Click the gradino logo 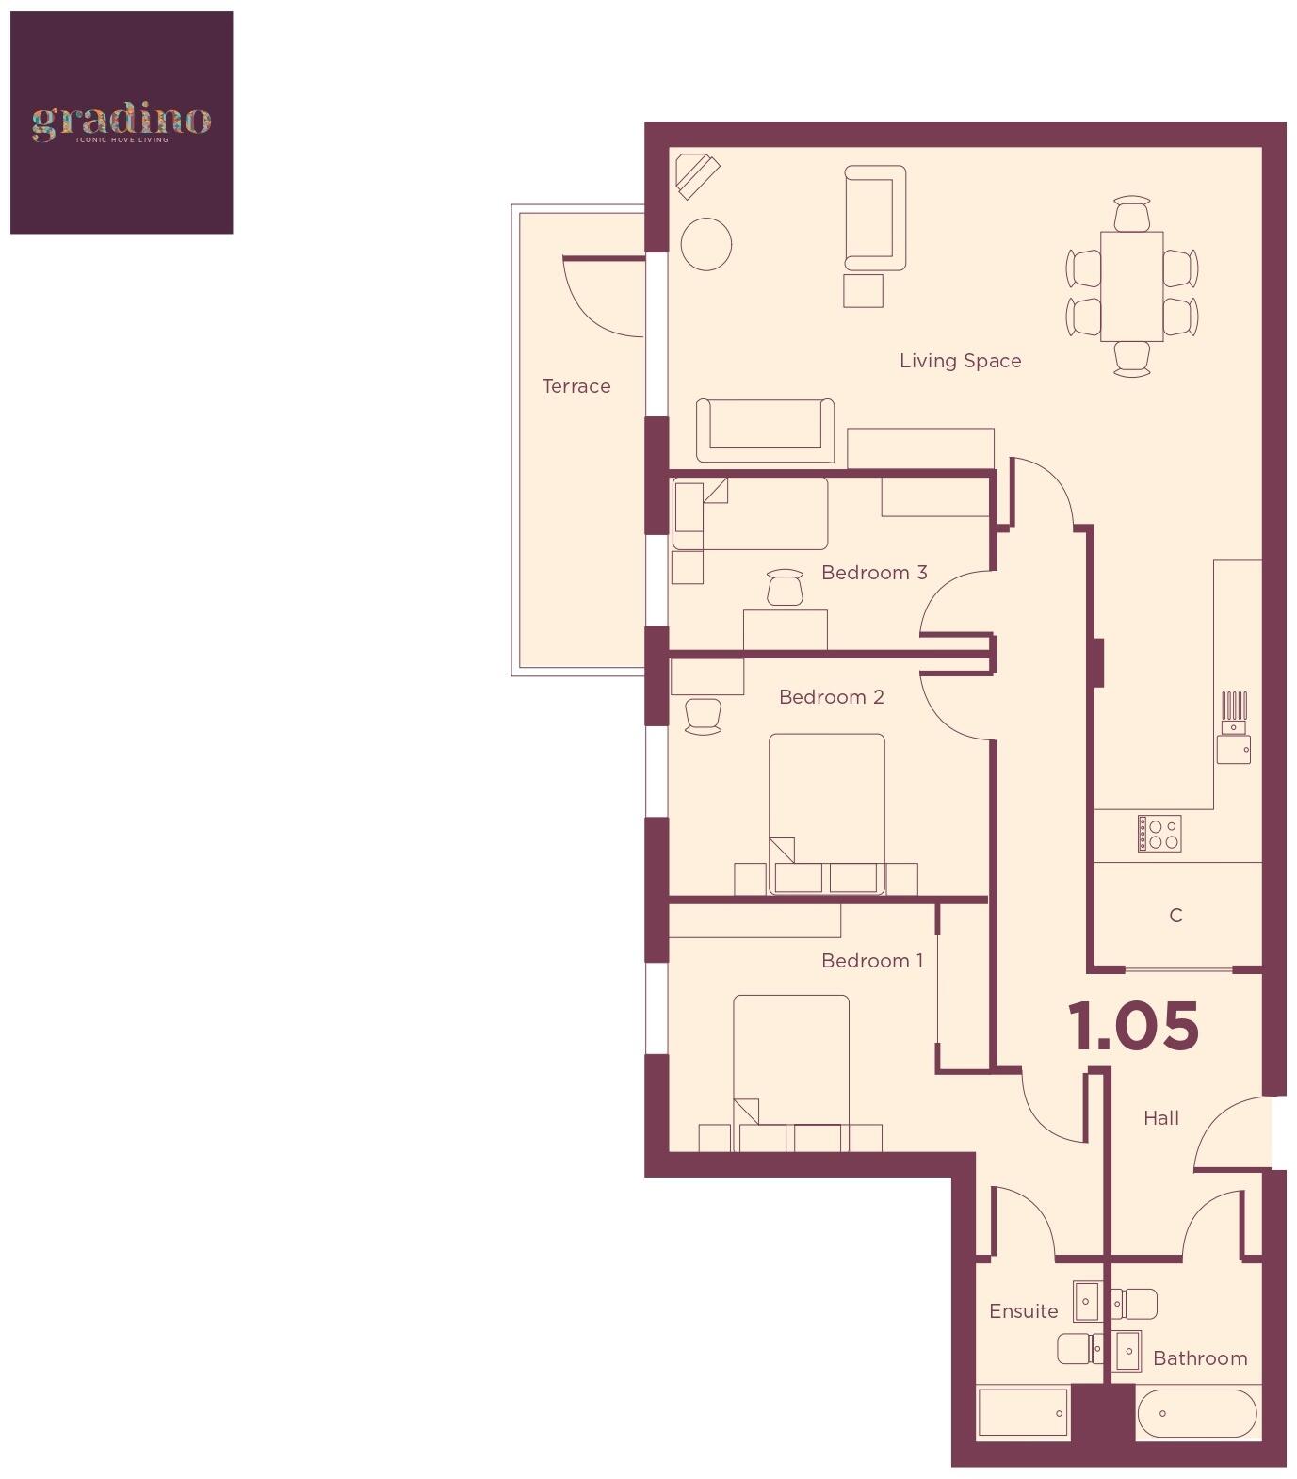[x=121, y=122]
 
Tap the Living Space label [x=960, y=361]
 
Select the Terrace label [x=576, y=386]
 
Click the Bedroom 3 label [x=874, y=573]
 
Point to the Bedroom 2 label [x=831, y=697]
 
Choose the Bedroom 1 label [x=872, y=961]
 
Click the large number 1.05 [x=1133, y=1026]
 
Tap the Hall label [x=1161, y=1118]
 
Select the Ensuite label [x=1023, y=1311]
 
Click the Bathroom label [x=1200, y=1358]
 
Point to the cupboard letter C [x=1175, y=916]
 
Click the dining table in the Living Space [x=1131, y=286]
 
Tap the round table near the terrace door [x=705, y=244]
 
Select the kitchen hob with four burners [x=1159, y=834]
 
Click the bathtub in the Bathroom [x=1196, y=1414]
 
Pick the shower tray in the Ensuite [x=1023, y=1413]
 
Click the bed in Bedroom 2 [x=826, y=810]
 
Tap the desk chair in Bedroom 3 [x=785, y=588]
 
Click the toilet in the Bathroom [x=1136, y=1304]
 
